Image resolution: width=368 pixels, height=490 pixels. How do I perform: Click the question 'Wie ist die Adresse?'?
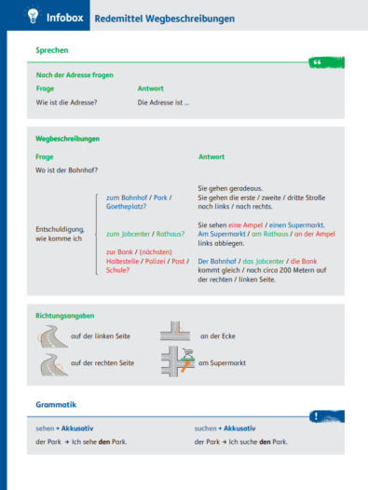pos(66,102)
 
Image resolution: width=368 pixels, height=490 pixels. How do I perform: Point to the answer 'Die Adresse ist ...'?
pos(163,102)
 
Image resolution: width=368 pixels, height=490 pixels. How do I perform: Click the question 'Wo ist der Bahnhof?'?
pos(66,170)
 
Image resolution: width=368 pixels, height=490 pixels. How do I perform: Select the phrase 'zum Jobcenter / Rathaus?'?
pos(145,234)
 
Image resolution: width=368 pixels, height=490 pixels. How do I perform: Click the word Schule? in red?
pos(118,269)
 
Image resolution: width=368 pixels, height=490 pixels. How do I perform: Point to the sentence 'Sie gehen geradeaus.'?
pos(228,187)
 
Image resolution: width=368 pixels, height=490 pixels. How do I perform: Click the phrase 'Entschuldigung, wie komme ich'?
pos(58,233)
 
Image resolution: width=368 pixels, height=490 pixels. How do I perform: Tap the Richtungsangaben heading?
pos(64,317)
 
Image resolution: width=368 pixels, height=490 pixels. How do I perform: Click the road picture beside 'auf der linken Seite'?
pos(49,334)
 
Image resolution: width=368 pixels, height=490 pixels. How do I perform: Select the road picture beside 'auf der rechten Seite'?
pos(49,363)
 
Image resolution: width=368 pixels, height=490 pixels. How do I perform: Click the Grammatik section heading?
pos(55,405)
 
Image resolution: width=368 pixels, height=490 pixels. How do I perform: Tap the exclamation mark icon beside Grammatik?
pos(320,416)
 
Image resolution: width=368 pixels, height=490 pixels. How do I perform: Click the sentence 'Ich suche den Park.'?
pos(262,441)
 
